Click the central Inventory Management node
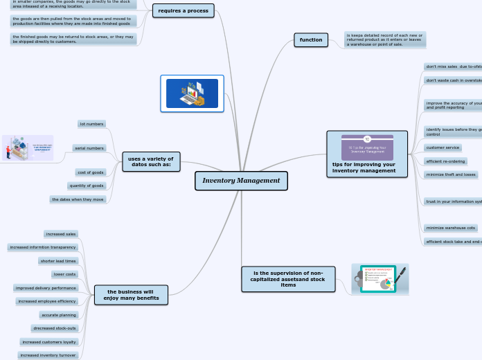point(241,181)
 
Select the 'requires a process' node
point(183,10)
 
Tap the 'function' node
point(311,39)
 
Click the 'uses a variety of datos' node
point(151,161)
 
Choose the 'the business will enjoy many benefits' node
point(131,295)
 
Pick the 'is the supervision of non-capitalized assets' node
point(288,279)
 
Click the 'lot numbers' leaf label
point(91,124)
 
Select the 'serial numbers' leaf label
point(89,148)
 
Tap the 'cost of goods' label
point(91,172)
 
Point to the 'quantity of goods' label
point(87,186)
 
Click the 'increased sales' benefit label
point(61,234)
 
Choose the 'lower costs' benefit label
point(64,274)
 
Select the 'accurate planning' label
point(59,315)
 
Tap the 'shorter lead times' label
point(58,261)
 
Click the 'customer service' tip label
point(443,147)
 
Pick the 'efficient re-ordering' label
point(446,161)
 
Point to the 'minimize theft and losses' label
point(452,174)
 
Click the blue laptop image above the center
point(192,93)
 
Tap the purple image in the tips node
point(367,147)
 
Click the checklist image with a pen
point(380,279)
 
